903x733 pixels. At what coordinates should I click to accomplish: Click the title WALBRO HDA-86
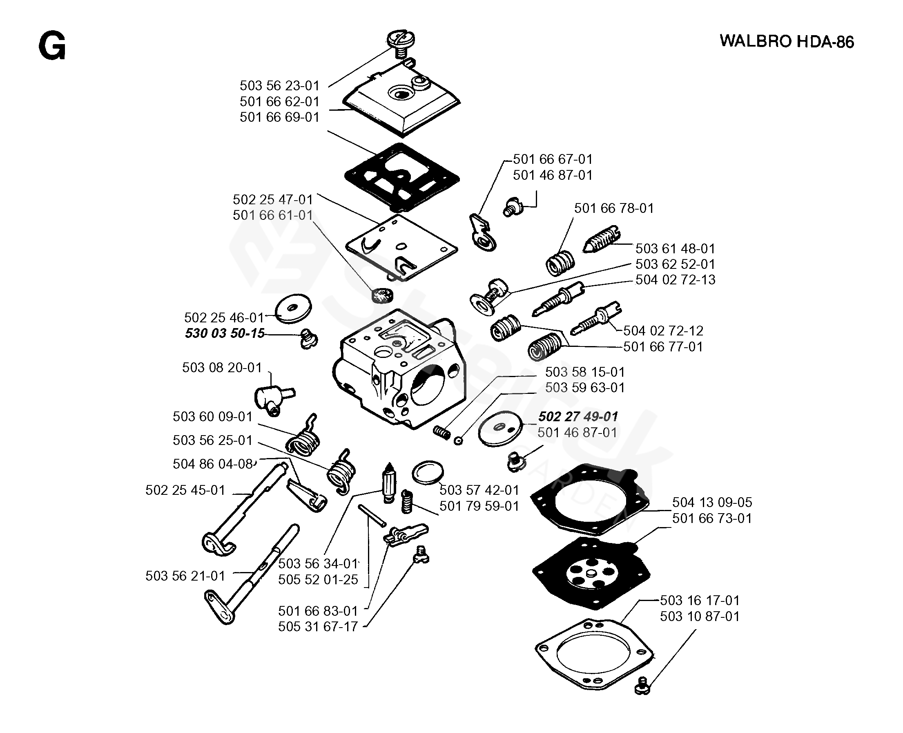click(787, 42)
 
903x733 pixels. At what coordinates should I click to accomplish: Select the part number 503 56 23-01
click(279, 86)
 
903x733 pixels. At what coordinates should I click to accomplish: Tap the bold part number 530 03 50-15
click(225, 333)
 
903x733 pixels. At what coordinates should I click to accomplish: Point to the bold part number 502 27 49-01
click(577, 416)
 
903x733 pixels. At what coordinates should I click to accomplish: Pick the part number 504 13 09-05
click(712, 502)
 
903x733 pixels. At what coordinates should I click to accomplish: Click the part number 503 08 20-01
click(222, 367)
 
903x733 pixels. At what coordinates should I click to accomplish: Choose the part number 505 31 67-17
click(318, 627)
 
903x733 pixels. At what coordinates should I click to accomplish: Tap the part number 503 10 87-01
click(700, 616)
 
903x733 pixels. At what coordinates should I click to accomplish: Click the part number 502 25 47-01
click(272, 199)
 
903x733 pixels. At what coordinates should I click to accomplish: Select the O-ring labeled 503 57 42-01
click(428, 472)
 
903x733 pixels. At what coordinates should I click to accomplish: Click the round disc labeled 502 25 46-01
click(293, 308)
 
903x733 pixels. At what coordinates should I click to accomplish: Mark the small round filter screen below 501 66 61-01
click(381, 295)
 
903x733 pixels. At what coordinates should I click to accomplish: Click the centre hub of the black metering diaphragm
click(591, 574)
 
